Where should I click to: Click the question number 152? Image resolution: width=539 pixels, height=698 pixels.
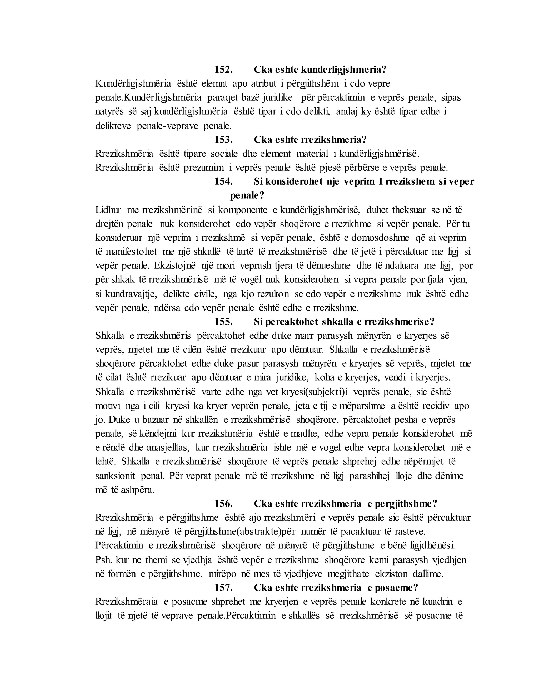click(x=223, y=70)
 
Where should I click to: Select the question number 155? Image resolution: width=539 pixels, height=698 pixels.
click(x=223, y=322)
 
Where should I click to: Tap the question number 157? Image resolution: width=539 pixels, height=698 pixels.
click(x=223, y=588)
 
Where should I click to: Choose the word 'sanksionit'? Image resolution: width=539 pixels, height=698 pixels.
click(x=115, y=476)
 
